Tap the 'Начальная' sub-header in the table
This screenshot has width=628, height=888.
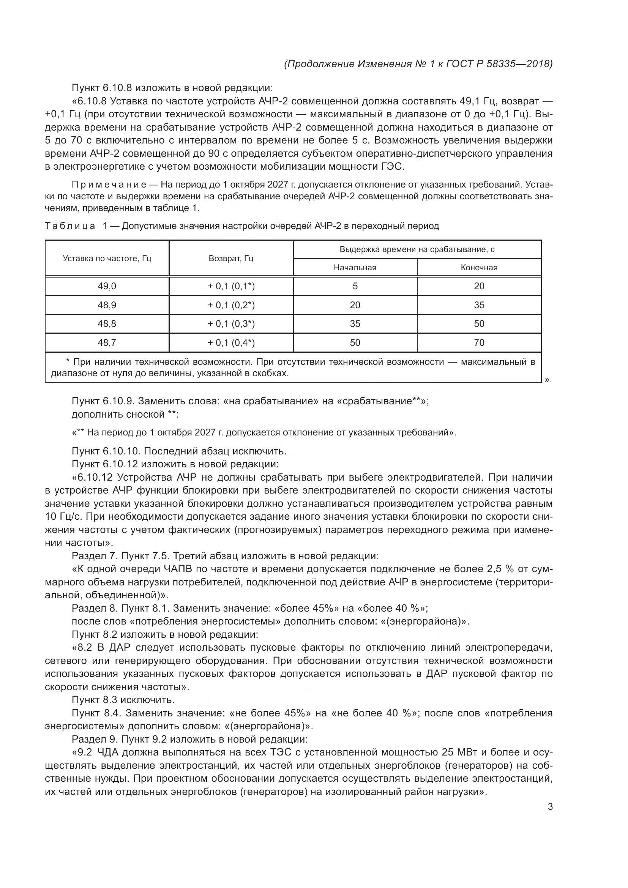click(x=355, y=268)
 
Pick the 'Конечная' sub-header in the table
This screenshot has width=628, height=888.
click(x=479, y=268)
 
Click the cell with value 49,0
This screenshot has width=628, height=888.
click(x=107, y=286)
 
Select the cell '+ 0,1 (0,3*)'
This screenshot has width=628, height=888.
click(x=231, y=324)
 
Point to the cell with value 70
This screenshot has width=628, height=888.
click(x=479, y=343)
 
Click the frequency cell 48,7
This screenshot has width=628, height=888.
click(x=107, y=343)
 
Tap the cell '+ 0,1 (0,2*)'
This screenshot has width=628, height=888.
click(x=231, y=305)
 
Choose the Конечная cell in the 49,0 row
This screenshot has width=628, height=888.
click(x=479, y=286)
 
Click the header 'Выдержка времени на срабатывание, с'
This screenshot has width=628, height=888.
click(x=417, y=249)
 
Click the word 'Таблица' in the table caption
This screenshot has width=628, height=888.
click(x=70, y=226)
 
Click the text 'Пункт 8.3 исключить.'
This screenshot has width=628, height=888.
click(x=123, y=700)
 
